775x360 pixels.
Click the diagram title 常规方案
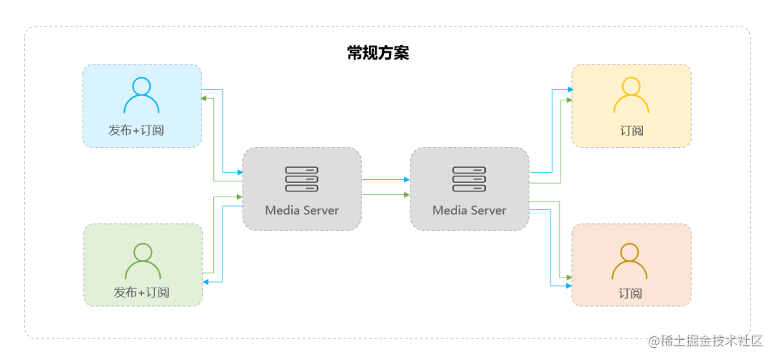(x=377, y=53)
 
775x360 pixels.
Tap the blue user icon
(x=141, y=95)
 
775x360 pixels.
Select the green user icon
(x=143, y=261)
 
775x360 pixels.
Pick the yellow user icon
(x=631, y=95)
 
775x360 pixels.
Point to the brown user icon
(x=629, y=261)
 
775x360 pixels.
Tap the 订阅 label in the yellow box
(x=631, y=131)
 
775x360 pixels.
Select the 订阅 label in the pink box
(x=630, y=293)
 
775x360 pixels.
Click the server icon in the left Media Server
(x=301, y=179)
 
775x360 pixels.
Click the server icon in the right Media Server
(x=469, y=179)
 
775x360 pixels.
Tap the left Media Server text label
(x=301, y=210)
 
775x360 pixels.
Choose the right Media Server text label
(x=469, y=210)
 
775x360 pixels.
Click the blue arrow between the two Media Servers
(x=385, y=180)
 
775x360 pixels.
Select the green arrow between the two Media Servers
(x=385, y=194)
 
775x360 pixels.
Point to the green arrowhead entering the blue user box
(x=205, y=100)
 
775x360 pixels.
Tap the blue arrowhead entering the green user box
(x=205, y=283)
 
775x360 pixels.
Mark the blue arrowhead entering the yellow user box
(x=569, y=90)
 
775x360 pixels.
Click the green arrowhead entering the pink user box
(x=569, y=276)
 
